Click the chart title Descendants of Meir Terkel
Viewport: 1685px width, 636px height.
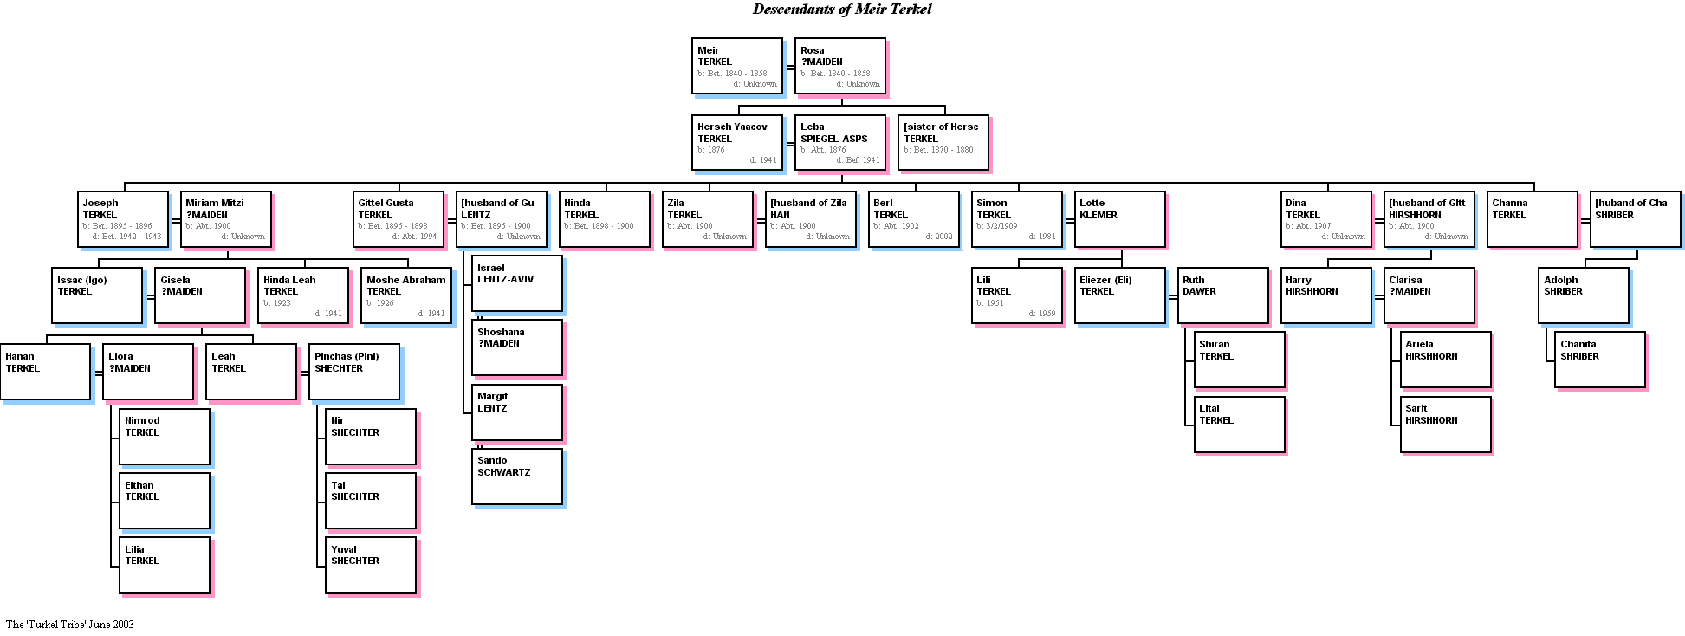click(841, 10)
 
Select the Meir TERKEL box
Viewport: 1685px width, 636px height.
click(737, 66)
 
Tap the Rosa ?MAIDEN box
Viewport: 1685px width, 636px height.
click(840, 66)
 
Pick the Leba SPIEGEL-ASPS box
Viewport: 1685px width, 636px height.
click(840, 142)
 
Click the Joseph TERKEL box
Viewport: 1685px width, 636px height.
click(123, 219)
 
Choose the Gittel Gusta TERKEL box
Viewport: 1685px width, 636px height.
click(399, 219)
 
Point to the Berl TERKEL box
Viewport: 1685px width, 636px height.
click(914, 219)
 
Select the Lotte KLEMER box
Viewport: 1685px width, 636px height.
click(1120, 219)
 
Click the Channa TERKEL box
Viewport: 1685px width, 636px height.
click(1533, 219)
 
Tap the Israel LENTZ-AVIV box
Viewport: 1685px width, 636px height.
click(517, 283)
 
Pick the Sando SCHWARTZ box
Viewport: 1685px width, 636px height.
click(517, 476)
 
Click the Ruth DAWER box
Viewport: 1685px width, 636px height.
click(1223, 295)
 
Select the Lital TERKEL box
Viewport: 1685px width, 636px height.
click(1240, 424)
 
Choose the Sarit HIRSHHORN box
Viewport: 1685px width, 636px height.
click(1446, 424)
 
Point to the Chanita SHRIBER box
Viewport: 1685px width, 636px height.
click(1600, 360)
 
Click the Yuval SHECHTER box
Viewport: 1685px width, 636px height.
click(371, 565)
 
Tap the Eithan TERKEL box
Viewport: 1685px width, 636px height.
click(165, 501)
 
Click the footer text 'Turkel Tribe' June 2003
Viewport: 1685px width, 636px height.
click(70, 625)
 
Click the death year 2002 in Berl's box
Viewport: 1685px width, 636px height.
click(943, 237)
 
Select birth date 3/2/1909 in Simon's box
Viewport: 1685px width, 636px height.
click(1001, 226)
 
